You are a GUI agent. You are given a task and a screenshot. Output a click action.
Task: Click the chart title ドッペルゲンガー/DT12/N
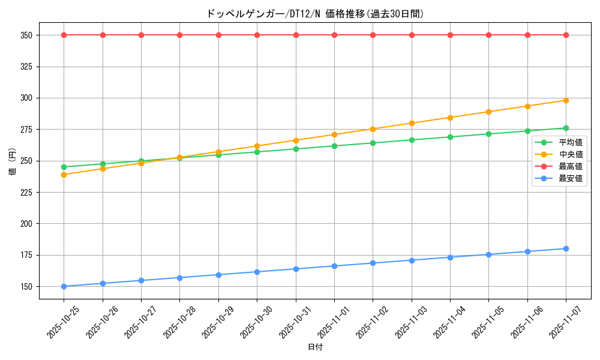315,14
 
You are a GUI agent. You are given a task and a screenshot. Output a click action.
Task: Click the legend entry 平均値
571,143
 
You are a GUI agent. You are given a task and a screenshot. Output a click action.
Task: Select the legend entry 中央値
571,155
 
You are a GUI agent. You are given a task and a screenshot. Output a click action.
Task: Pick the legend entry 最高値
571,167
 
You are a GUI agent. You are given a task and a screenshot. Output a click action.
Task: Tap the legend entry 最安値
571,179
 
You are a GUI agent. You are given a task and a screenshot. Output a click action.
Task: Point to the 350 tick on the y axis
28,35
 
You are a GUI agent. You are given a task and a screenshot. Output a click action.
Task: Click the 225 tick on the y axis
28,193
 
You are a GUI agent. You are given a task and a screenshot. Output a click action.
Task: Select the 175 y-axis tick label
28,256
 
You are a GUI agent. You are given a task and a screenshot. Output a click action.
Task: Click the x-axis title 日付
315,347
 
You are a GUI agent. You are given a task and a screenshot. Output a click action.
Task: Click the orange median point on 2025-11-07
566,100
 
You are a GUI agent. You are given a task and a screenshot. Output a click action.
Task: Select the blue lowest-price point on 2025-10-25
64,286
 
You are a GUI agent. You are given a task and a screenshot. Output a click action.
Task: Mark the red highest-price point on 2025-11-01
334,35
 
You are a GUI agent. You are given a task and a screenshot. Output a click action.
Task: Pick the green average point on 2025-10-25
64,167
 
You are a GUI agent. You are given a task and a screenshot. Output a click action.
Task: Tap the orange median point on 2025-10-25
64,175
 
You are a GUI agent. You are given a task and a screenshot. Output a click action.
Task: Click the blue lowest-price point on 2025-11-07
566,248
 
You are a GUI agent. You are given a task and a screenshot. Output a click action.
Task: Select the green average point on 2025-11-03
412,140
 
